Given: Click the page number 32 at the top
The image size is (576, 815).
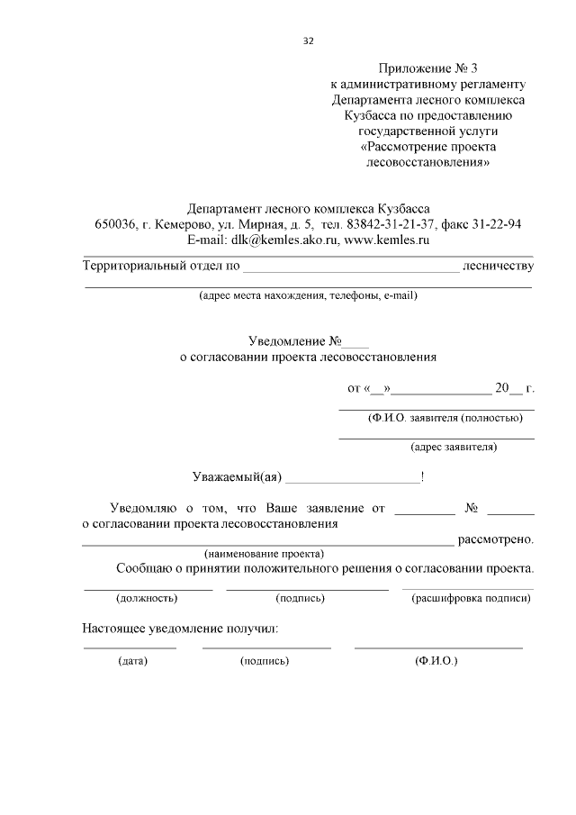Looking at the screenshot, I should pos(310,41).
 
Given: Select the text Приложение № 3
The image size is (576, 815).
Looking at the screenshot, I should pos(428,68).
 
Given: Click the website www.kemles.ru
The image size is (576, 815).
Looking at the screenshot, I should pos(387,240).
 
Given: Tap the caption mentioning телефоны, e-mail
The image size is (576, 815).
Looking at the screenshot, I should pos(308,294).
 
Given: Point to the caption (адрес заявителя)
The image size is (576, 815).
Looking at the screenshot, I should pos(454,446).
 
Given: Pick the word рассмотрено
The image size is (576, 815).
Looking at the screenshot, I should pos(497,539).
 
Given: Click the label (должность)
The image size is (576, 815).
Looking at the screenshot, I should pos(147,597).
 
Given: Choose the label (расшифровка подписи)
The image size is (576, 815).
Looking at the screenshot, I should pos(471,597).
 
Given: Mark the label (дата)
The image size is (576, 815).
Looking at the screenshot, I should pos(132,660).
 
